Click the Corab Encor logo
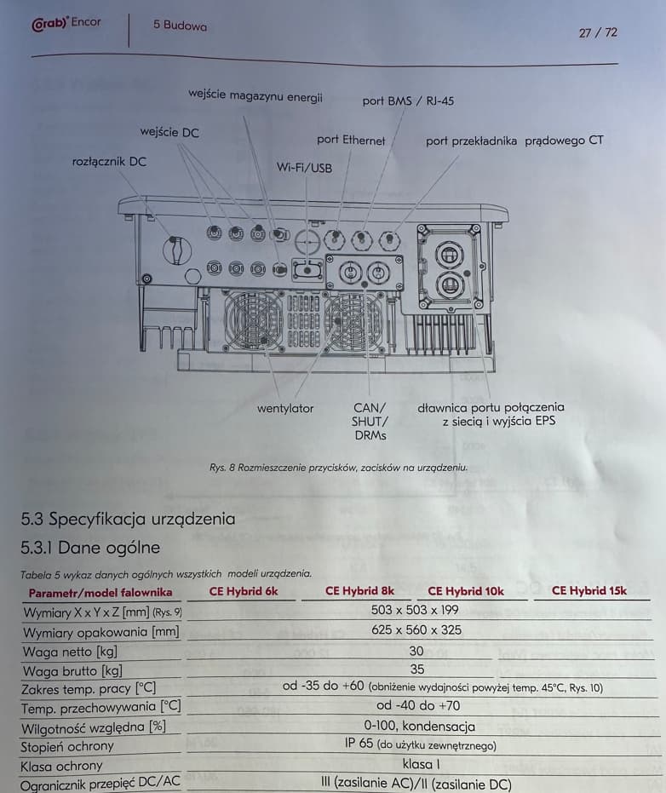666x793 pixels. click(x=66, y=23)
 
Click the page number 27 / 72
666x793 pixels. click(x=598, y=32)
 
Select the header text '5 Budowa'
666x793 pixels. click(x=180, y=26)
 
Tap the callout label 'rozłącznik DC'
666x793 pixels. click(x=109, y=161)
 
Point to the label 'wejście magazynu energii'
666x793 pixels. click(x=255, y=96)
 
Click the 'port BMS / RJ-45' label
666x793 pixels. click(x=408, y=101)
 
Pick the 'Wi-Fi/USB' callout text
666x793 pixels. click(x=304, y=168)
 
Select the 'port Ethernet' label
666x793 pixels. click(x=351, y=140)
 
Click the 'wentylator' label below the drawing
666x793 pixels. click(x=285, y=409)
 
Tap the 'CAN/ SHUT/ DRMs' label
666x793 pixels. click(x=370, y=421)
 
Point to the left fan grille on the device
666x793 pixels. click(x=254, y=320)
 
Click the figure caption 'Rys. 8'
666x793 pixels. click(x=338, y=468)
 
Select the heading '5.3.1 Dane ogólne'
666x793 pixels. click(x=90, y=548)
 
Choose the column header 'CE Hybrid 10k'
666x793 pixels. click(x=465, y=591)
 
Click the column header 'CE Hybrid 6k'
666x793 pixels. click(x=244, y=591)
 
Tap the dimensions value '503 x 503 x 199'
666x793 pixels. click(x=415, y=610)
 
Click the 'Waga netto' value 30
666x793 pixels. click(x=416, y=650)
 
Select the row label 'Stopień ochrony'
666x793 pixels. click(x=67, y=746)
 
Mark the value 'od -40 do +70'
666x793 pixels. click(x=417, y=705)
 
